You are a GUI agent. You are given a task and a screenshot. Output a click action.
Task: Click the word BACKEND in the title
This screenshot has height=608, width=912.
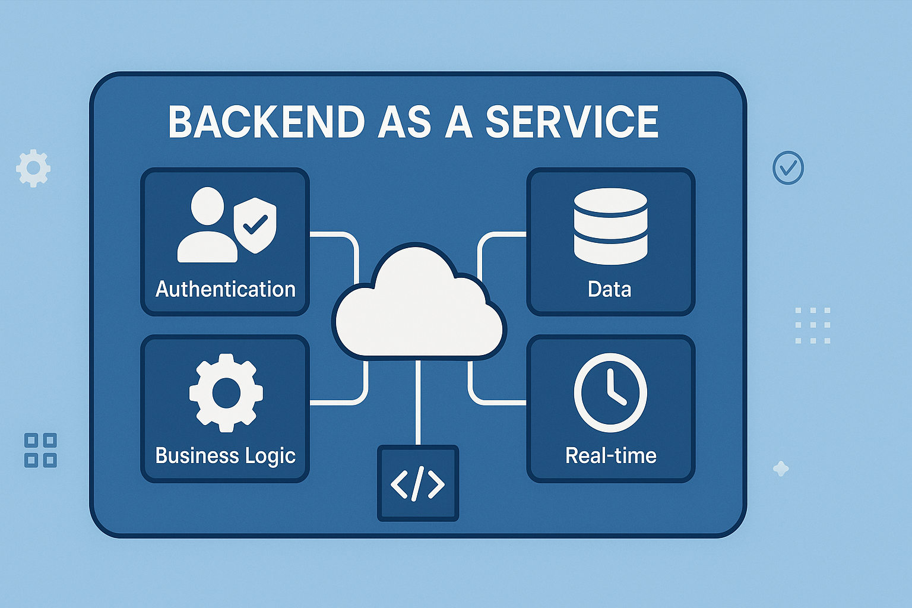(x=266, y=122)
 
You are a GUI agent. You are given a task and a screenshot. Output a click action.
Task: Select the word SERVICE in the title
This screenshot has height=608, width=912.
(x=572, y=122)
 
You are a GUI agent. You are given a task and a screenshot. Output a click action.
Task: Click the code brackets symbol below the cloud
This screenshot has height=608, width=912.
(x=418, y=483)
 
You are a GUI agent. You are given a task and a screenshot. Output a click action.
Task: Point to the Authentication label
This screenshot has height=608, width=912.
(x=226, y=289)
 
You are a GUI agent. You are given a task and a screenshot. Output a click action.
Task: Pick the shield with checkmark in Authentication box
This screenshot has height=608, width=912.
(x=255, y=225)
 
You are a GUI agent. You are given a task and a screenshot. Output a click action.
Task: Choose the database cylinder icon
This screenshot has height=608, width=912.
(x=610, y=226)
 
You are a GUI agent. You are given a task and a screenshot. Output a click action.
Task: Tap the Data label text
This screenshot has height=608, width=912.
(x=610, y=289)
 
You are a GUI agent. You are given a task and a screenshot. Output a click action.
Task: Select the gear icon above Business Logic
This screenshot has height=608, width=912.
(x=226, y=392)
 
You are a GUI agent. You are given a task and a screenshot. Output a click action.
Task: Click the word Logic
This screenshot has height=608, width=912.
(x=270, y=456)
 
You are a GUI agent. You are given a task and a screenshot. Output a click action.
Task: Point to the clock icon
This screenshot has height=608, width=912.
(x=610, y=392)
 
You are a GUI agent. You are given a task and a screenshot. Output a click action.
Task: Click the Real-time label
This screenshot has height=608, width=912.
(x=611, y=455)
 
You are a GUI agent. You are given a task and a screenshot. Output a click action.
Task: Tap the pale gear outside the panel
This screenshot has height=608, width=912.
(x=33, y=168)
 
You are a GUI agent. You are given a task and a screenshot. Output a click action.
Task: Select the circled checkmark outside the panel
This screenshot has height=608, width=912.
(x=788, y=167)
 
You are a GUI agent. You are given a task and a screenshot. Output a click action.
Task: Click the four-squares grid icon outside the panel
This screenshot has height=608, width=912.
(x=40, y=450)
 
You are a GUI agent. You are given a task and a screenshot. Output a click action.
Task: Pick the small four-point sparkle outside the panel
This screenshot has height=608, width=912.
(x=781, y=469)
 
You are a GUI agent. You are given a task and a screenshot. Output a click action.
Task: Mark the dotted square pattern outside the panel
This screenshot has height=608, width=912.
(x=812, y=325)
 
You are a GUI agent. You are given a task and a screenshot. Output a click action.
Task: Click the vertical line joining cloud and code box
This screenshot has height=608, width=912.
(x=418, y=404)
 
